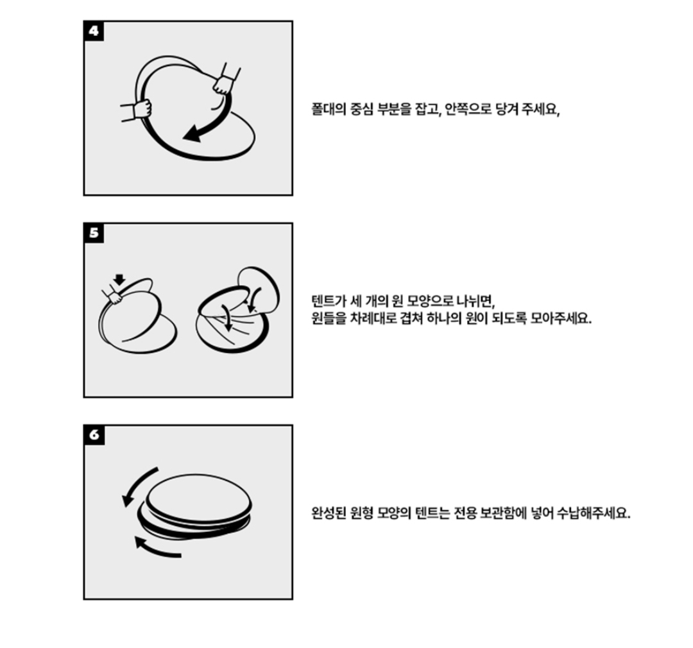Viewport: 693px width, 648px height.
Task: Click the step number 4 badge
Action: pos(94,31)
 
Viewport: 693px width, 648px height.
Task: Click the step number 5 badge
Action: pos(94,233)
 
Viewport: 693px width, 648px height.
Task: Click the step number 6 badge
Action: pos(94,435)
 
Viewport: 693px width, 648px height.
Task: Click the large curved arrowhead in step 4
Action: pos(193,133)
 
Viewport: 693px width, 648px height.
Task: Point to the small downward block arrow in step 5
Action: pos(119,279)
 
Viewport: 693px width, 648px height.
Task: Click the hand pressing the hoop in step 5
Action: pos(113,295)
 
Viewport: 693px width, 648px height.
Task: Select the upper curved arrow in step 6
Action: pos(137,485)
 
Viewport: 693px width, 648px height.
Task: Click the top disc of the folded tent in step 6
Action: pos(200,498)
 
